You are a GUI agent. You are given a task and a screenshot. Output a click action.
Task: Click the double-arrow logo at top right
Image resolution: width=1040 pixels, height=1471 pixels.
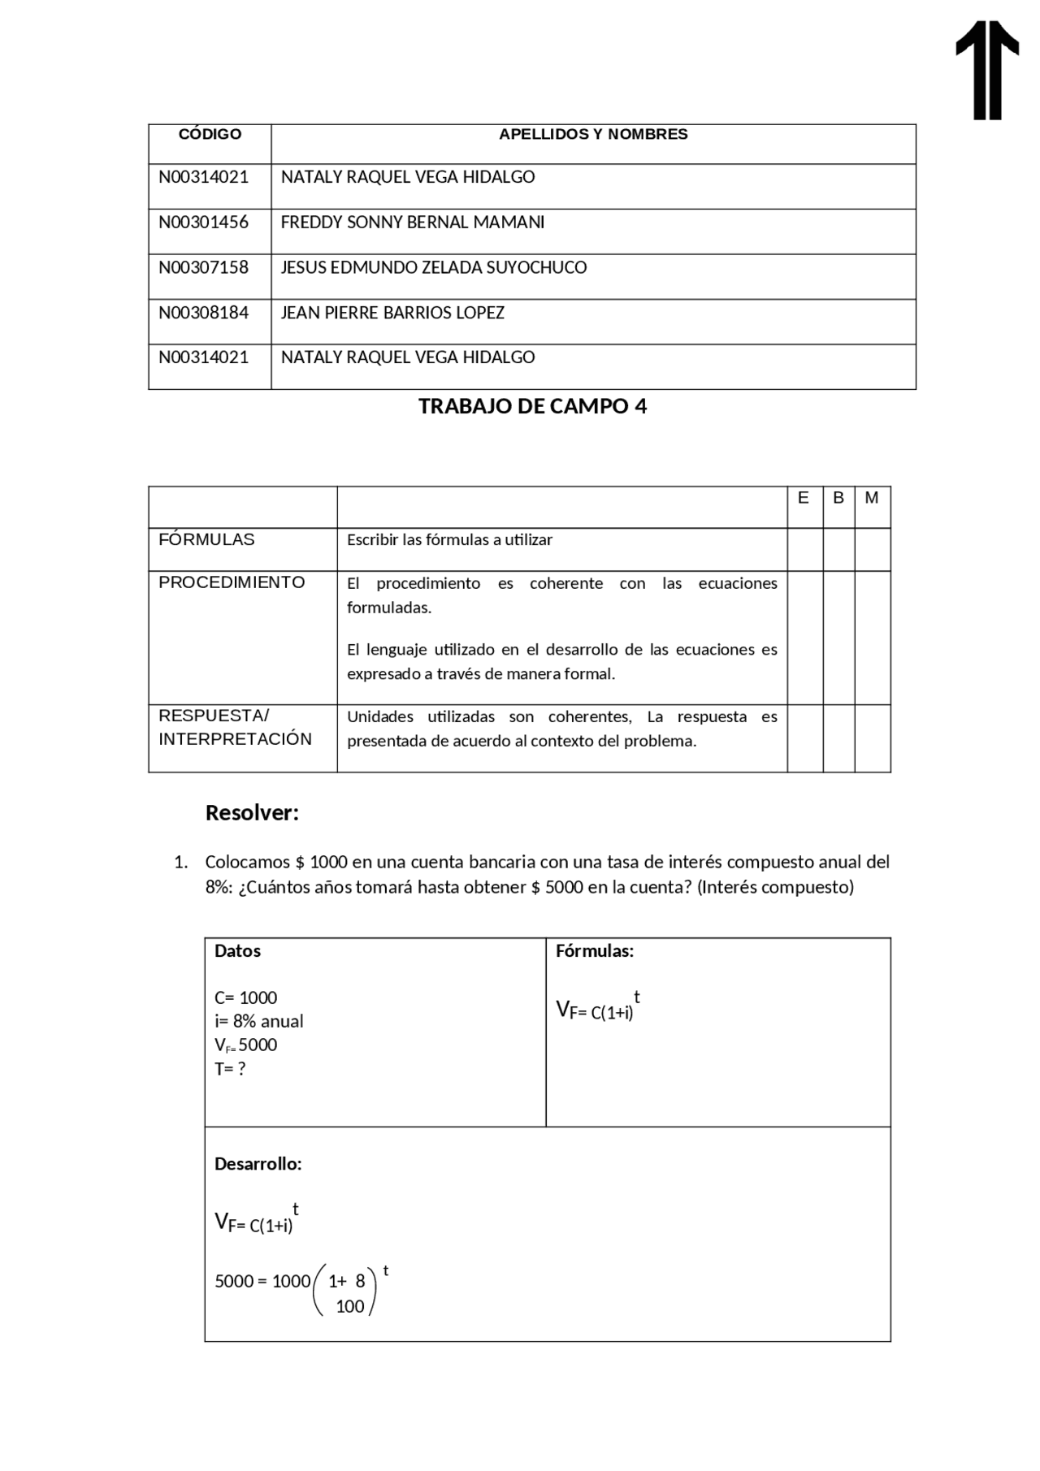987,71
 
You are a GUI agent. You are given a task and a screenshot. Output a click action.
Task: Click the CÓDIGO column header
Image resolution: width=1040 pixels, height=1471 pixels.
210,134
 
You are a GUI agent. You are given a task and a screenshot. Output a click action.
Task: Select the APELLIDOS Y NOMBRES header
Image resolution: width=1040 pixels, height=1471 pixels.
593,134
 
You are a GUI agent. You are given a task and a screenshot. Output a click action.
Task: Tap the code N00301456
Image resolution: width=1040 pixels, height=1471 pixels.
204,222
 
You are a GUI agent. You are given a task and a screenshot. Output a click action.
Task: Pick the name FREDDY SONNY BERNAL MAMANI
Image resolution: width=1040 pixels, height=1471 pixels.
412,222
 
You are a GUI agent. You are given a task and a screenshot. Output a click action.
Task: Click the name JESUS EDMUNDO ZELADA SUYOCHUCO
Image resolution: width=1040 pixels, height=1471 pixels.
433,267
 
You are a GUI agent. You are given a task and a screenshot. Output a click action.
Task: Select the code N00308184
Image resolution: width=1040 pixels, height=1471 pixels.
204,313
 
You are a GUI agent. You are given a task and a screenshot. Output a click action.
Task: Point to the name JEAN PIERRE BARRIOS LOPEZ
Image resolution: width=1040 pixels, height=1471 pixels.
392,313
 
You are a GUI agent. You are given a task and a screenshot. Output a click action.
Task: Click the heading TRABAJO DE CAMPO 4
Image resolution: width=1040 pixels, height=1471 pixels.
532,406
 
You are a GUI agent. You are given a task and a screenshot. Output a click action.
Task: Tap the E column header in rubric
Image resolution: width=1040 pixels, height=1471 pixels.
804,498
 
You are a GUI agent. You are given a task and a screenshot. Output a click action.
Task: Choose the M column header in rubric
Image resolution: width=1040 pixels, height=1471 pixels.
872,498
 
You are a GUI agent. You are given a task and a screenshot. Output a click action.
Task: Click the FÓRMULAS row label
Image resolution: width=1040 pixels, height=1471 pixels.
206,539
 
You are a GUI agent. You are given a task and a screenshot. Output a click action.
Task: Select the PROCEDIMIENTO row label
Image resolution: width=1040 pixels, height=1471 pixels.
232,582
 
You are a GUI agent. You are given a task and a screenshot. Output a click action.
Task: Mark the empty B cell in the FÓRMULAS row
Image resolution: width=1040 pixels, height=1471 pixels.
838,549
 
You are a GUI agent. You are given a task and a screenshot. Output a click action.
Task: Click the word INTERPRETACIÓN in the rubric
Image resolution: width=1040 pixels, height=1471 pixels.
235,739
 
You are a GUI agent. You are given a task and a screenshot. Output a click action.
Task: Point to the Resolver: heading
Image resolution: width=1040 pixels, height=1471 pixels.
252,812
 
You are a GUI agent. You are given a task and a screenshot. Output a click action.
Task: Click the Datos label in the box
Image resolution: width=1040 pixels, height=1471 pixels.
237,951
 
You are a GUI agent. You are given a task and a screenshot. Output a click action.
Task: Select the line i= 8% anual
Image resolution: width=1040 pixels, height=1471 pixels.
258,1021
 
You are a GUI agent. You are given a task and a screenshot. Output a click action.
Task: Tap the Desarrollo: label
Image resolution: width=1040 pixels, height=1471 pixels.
258,1164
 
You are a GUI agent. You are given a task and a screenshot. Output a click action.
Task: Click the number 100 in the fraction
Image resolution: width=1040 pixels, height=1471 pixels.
350,1306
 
